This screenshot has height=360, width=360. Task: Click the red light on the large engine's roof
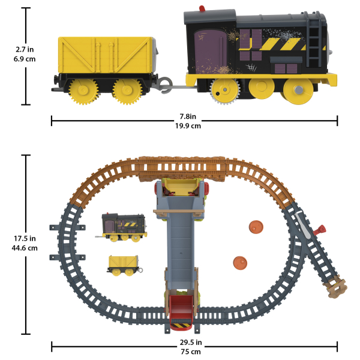click(x=202, y=8)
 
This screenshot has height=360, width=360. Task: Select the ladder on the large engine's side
click(x=313, y=40)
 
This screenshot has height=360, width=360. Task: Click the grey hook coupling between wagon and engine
click(x=166, y=85)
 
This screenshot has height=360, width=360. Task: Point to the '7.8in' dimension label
click(x=188, y=116)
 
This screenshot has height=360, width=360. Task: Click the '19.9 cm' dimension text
click(x=188, y=126)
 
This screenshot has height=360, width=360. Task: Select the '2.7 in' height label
click(x=25, y=49)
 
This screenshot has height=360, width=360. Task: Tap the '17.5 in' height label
click(x=25, y=239)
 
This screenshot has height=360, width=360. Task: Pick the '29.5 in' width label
click(x=191, y=343)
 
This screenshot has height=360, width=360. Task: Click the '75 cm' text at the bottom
click(x=191, y=352)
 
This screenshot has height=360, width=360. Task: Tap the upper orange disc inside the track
click(x=256, y=227)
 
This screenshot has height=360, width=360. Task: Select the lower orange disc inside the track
click(x=240, y=263)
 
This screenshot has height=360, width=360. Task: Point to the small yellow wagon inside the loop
click(x=124, y=265)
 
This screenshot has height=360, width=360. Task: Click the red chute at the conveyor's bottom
click(x=181, y=312)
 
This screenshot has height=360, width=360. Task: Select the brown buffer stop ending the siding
click(x=335, y=287)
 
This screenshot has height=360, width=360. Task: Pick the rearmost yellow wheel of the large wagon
click(x=83, y=91)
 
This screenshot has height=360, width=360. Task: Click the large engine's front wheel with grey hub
click(x=298, y=90)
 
